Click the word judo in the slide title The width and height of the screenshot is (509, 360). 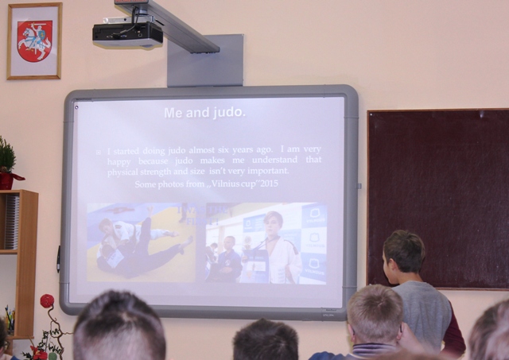[x=228, y=113]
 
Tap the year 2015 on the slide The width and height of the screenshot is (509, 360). [x=269, y=184]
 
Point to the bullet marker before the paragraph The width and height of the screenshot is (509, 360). [x=99, y=152]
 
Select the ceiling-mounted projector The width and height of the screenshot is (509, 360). [x=127, y=33]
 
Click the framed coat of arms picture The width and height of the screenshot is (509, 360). [x=34, y=41]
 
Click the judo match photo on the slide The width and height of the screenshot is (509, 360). [x=141, y=242]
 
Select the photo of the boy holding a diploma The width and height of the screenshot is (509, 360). [x=266, y=243]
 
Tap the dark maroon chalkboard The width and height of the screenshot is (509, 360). [x=438, y=199]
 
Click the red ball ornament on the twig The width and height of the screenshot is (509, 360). [x=47, y=301]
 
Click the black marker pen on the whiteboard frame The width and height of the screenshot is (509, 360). [x=58, y=259]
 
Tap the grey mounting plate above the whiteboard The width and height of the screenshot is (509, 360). [x=205, y=61]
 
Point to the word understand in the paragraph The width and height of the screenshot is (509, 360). [x=274, y=160]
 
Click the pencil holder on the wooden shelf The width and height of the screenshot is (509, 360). [x=10, y=320]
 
